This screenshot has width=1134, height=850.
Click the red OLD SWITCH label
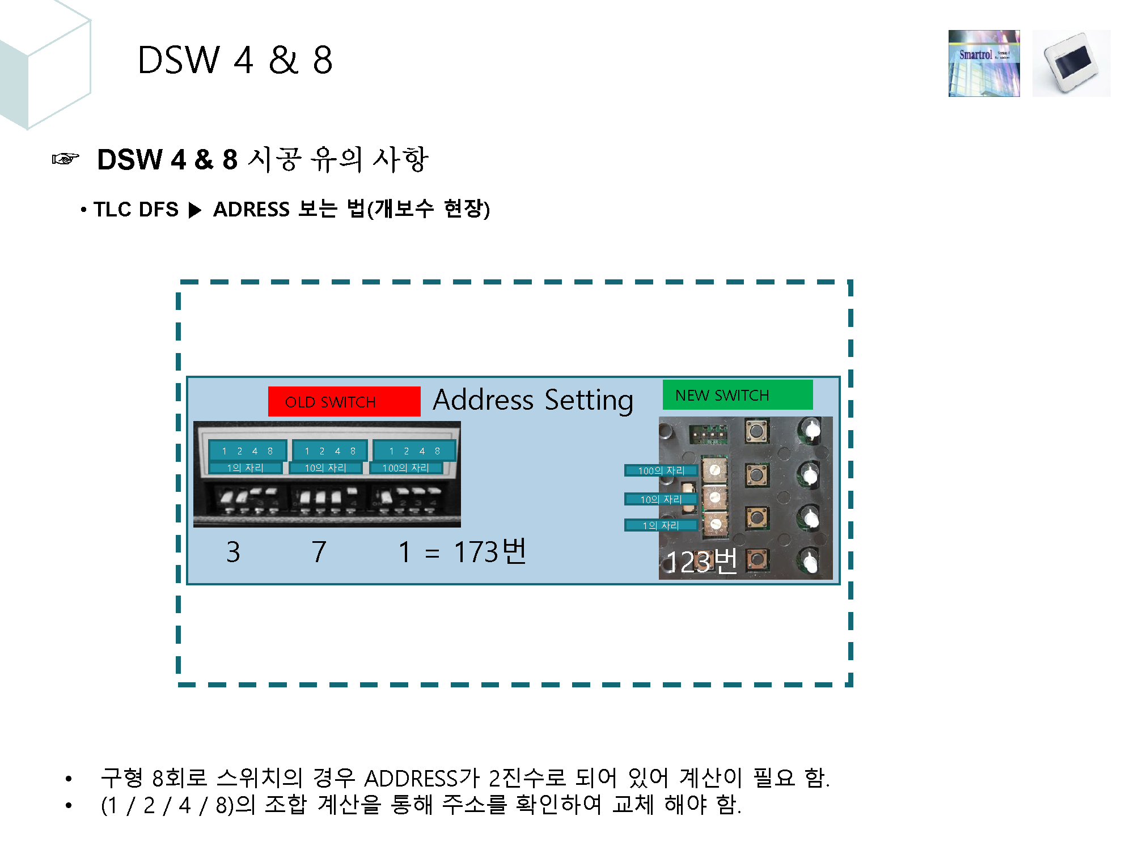coord(344,402)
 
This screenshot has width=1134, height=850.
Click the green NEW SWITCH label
coord(737,395)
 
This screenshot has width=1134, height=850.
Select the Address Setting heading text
coord(532,400)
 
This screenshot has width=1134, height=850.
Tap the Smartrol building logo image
coord(984,63)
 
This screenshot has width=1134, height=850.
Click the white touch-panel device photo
coord(1071,63)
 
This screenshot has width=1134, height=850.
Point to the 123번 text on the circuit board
coord(701,562)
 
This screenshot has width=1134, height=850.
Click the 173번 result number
coord(490,551)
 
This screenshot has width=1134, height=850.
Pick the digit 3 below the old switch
coord(233,552)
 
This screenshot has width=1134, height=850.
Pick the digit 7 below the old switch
coord(319,552)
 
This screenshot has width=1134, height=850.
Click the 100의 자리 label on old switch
coord(406,468)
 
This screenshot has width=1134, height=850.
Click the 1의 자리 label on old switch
coord(245,468)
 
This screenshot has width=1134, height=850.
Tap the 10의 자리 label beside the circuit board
coord(661,499)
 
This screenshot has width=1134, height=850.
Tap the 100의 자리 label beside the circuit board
coord(661,470)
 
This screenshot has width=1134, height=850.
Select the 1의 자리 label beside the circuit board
coord(661,525)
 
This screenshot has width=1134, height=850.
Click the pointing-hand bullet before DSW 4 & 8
coord(66,159)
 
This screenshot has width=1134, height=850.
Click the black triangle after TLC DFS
coord(194,210)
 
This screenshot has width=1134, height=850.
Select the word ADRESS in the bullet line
coord(251,210)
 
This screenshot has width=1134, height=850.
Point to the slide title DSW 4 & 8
coord(235,60)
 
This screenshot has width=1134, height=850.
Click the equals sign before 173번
coord(432,554)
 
